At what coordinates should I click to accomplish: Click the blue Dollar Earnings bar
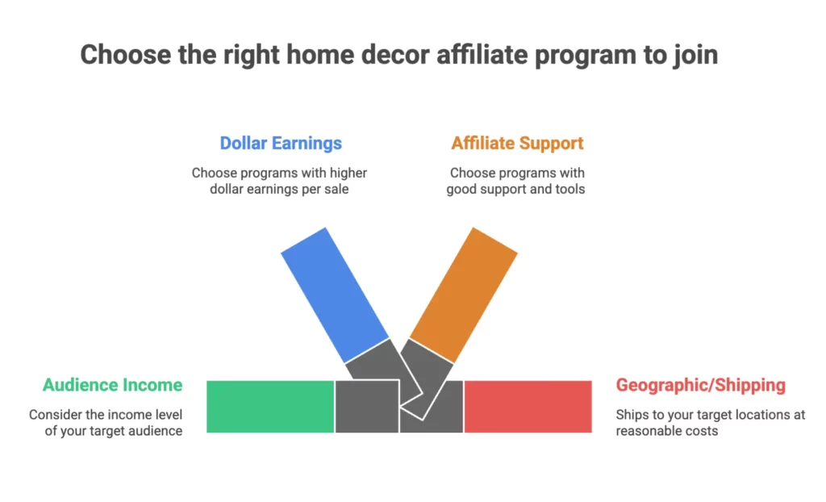tap(335, 295)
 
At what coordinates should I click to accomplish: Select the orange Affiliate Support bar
tap(463, 295)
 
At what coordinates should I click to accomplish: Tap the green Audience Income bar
tap(270, 406)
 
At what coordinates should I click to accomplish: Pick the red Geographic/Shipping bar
tap(528, 406)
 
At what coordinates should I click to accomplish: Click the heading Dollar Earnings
tap(281, 144)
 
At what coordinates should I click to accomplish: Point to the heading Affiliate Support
tap(517, 144)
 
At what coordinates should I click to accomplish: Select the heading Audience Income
tap(112, 385)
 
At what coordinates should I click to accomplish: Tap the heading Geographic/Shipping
tap(700, 385)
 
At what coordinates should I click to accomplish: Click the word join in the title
tap(695, 55)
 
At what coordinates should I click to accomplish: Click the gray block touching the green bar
tap(366, 406)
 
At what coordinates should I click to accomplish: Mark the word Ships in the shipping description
tap(632, 415)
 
